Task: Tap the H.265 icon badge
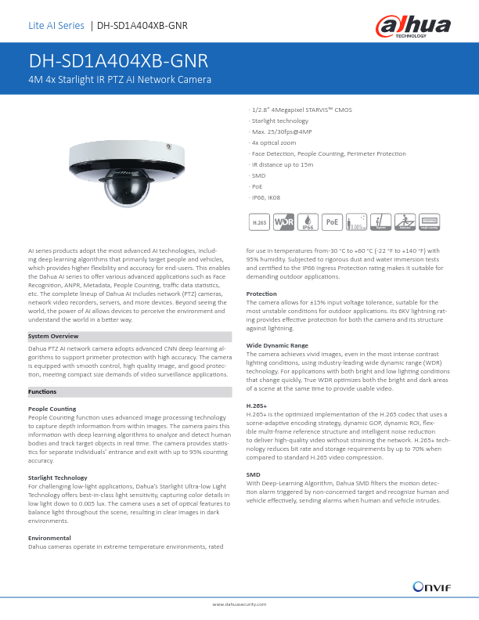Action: point(259,223)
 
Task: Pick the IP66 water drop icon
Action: point(308,223)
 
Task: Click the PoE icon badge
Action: point(333,223)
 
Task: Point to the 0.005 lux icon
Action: point(357,223)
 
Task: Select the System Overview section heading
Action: point(52,336)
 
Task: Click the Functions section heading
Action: point(41,391)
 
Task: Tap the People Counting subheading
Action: point(52,409)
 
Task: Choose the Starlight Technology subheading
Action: point(57,477)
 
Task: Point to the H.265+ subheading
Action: point(257,406)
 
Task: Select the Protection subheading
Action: point(261,294)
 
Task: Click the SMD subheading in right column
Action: point(253,475)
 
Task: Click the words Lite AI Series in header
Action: point(56,26)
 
